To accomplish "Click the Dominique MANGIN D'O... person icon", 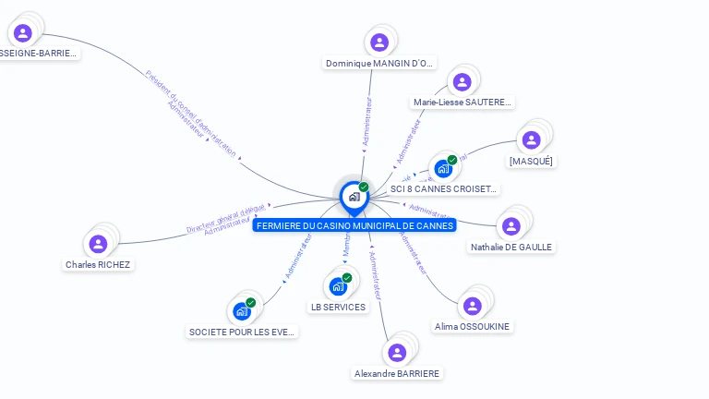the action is (379, 42).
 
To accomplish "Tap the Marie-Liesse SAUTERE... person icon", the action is (462, 82).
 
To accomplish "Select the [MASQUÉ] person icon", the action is (531, 140).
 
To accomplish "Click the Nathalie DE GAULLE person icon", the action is (511, 226).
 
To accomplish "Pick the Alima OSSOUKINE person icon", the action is (472, 306).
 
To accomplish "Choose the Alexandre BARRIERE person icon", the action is (397, 353).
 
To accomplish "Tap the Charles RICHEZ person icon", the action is (98, 244).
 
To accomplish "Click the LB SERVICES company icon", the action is (337, 286).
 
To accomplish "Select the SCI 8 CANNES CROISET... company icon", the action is (443, 169).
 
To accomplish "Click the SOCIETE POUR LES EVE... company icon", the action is (242, 311).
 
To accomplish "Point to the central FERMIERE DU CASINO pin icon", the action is (354, 197).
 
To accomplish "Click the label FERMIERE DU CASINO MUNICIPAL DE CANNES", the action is (354, 225).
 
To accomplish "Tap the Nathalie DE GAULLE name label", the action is (511, 248).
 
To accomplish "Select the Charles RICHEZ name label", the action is (98, 265).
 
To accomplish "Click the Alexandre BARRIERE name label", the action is (397, 374).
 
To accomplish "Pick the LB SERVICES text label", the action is (338, 308).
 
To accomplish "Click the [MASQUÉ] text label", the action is (532, 162).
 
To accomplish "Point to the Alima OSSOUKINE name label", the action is (472, 327).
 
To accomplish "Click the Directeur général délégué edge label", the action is (226, 217).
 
